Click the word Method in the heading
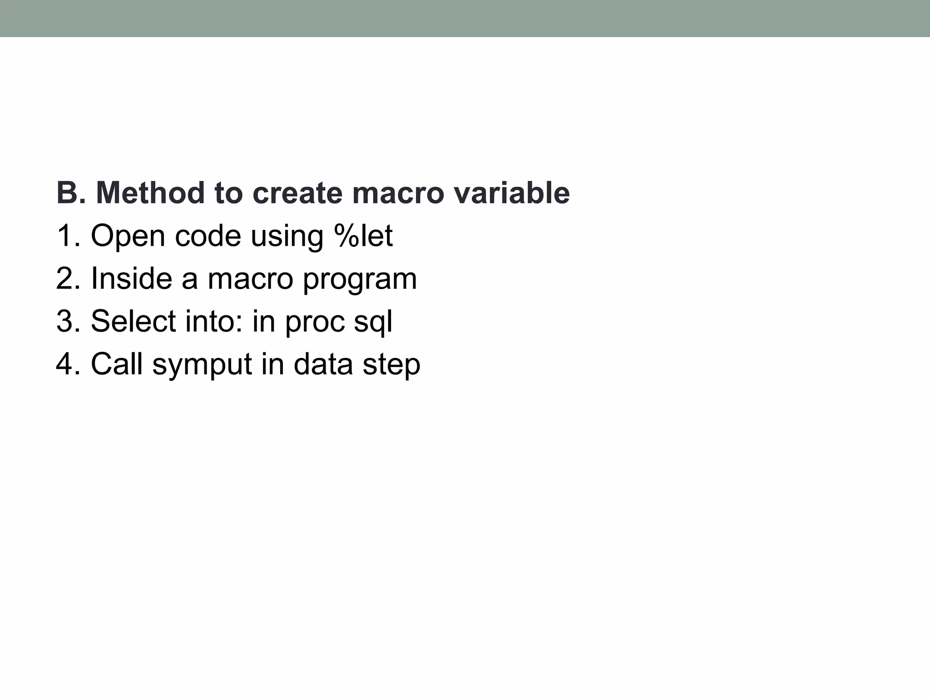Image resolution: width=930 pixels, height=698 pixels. tap(150, 193)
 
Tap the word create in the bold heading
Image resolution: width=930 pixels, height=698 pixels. tap(297, 193)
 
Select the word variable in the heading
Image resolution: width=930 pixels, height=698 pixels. tap(511, 193)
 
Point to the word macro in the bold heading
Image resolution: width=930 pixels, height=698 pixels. tap(397, 193)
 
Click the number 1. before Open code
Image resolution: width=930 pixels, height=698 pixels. tap(68, 235)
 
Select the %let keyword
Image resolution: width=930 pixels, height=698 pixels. tap(363, 235)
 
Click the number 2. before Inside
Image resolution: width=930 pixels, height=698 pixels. tap(68, 278)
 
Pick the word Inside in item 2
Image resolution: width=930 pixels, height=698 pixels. tap(132, 278)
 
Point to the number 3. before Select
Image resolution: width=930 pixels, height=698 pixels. tap(68, 321)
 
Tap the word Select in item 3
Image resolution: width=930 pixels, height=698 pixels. tap(133, 321)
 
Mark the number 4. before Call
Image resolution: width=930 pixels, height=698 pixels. tap(68, 364)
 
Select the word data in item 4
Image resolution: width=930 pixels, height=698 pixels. tap(323, 364)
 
